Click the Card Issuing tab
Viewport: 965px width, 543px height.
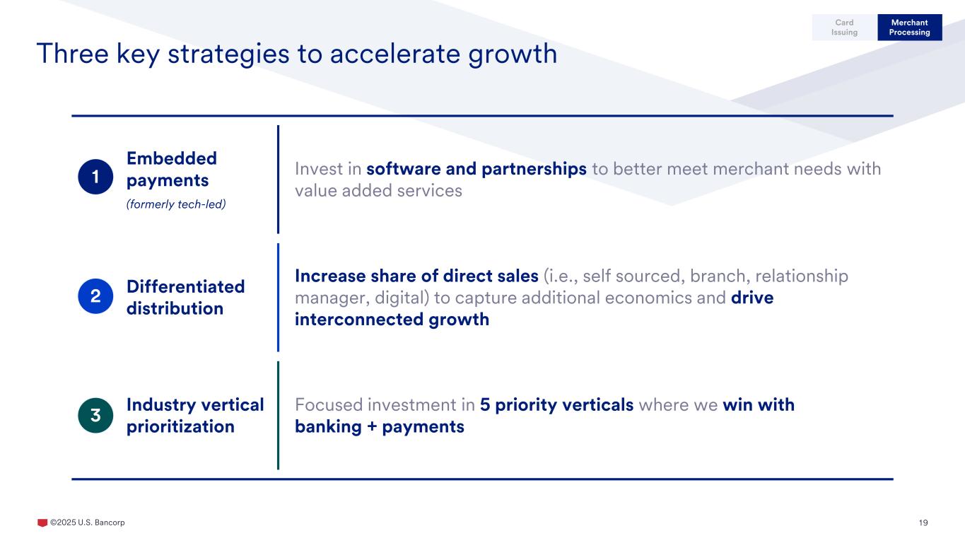pos(844,27)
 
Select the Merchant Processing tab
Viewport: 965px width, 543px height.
pos(909,27)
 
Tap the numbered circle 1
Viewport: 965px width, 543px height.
pos(95,177)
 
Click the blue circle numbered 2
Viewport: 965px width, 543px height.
pos(95,296)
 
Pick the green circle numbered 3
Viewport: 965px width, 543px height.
pos(95,416)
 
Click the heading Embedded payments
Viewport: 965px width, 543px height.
pos(172,170)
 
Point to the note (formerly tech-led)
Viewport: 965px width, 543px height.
pos(176,204)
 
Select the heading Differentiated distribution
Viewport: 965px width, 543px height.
pos(186,298)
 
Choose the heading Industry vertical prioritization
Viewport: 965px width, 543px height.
pos(195,416)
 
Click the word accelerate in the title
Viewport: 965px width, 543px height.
pos(395,54)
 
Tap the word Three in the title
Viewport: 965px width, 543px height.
pos(72,54)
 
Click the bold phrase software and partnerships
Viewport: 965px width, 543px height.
pos(476,169)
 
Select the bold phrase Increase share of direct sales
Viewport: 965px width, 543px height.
pos(416,276)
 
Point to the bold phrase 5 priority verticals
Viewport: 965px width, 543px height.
pos(556,405)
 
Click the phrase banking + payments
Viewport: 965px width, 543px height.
pos(380,426)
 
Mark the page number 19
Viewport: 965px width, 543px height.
pos(923,522)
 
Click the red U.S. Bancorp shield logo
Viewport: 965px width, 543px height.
pos(42,522)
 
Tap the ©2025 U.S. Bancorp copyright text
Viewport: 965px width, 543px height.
pos(88,522)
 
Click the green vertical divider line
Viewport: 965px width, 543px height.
pos(279,416)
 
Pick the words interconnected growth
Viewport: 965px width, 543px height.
pos(392,320)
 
